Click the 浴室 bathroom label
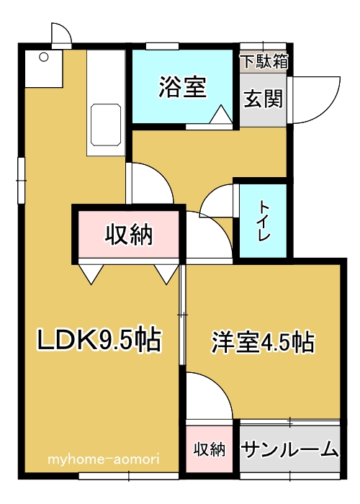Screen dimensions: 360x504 pos(183,87)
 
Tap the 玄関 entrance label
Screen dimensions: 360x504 pos(264,99)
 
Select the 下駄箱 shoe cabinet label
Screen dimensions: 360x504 pos(265,61)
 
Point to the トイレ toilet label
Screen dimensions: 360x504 pos(264,221)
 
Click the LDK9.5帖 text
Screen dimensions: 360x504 pos(99,339)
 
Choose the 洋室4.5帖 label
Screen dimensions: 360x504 pos(263,343)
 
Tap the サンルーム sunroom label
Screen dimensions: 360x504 pos(289,449)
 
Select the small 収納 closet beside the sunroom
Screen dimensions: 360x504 pos(210,449)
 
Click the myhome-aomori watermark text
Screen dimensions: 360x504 pos(104,459)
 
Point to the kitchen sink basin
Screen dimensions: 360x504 pos(106,125)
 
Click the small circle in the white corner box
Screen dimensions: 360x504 pos(43,58)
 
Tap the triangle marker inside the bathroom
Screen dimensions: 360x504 pos(221,114)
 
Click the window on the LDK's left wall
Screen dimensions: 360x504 pos(21,180)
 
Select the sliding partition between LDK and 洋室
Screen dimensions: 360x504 pos(183,315)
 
